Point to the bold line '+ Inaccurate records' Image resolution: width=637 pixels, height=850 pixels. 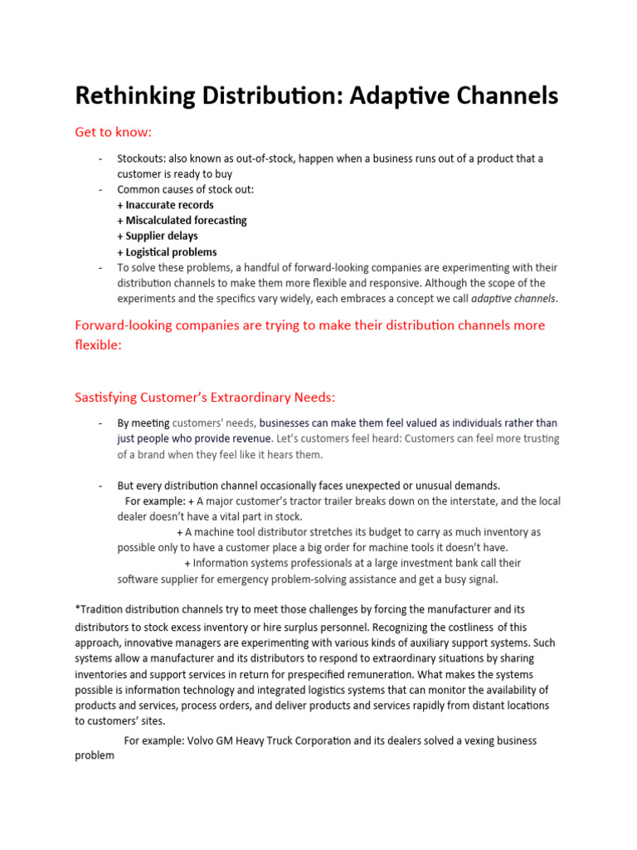point(165,205)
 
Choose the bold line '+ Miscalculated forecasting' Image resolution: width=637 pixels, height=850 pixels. point(182,221)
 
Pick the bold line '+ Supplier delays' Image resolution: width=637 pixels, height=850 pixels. point(157,237)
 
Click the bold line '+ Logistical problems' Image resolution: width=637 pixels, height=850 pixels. point(167,252)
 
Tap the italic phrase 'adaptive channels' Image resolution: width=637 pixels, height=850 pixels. point(513,299)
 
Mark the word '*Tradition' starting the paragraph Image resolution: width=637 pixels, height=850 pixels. point(99,610)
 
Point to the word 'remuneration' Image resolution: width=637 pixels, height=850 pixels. point(387,674)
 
